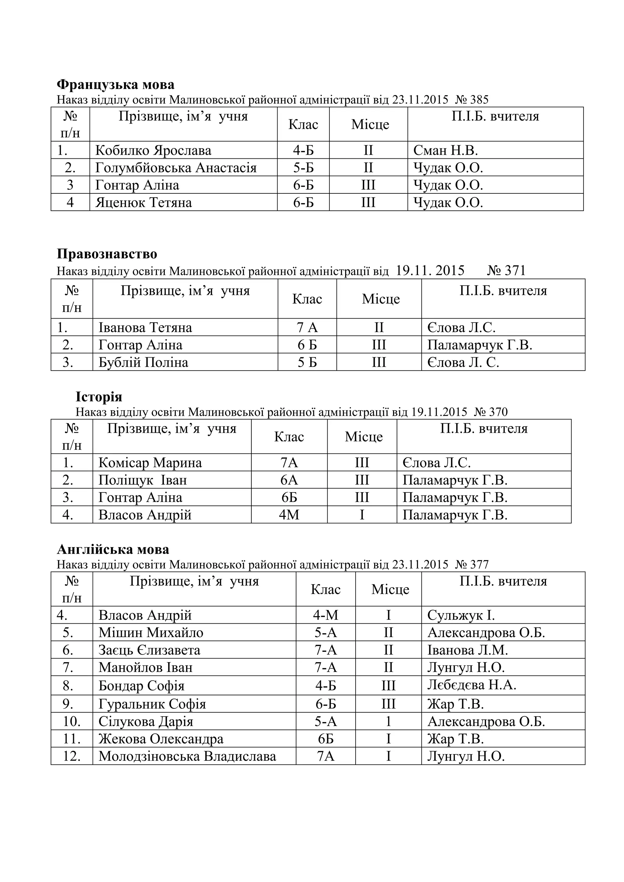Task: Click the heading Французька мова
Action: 115,84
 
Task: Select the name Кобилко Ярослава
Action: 153,150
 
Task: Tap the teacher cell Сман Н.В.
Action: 445,150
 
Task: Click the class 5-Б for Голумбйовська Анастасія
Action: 303,168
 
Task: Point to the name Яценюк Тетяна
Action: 143,203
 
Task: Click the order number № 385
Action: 472,100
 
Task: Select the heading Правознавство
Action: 107,254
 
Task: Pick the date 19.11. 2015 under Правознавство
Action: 430,271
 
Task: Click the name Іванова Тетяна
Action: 145,328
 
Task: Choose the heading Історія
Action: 99,397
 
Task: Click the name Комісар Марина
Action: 150,463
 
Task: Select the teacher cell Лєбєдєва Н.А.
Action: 471,685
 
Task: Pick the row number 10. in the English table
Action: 72,721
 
